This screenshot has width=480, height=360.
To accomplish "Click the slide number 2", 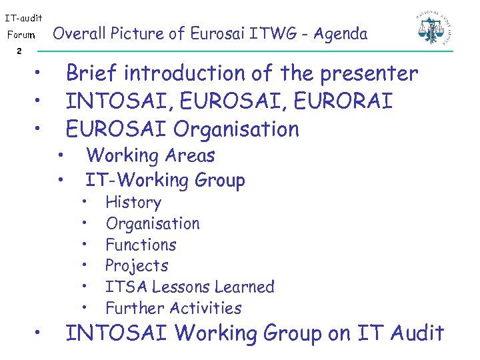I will [x=19, y=51].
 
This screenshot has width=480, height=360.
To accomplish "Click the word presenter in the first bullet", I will [x=369, y=73].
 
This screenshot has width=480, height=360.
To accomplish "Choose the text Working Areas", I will [x=151, y=156].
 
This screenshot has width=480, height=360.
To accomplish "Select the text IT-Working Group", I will [x=165, y=180].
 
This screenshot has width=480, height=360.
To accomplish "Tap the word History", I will [x=133, y=203].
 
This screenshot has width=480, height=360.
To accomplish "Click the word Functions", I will [x=141, y=245].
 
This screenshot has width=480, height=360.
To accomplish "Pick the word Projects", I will [x=137, y=266].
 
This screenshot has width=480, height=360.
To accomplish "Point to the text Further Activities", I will [x=173, y=309].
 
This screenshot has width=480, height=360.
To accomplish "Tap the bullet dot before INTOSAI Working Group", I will [x=40, y=332].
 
